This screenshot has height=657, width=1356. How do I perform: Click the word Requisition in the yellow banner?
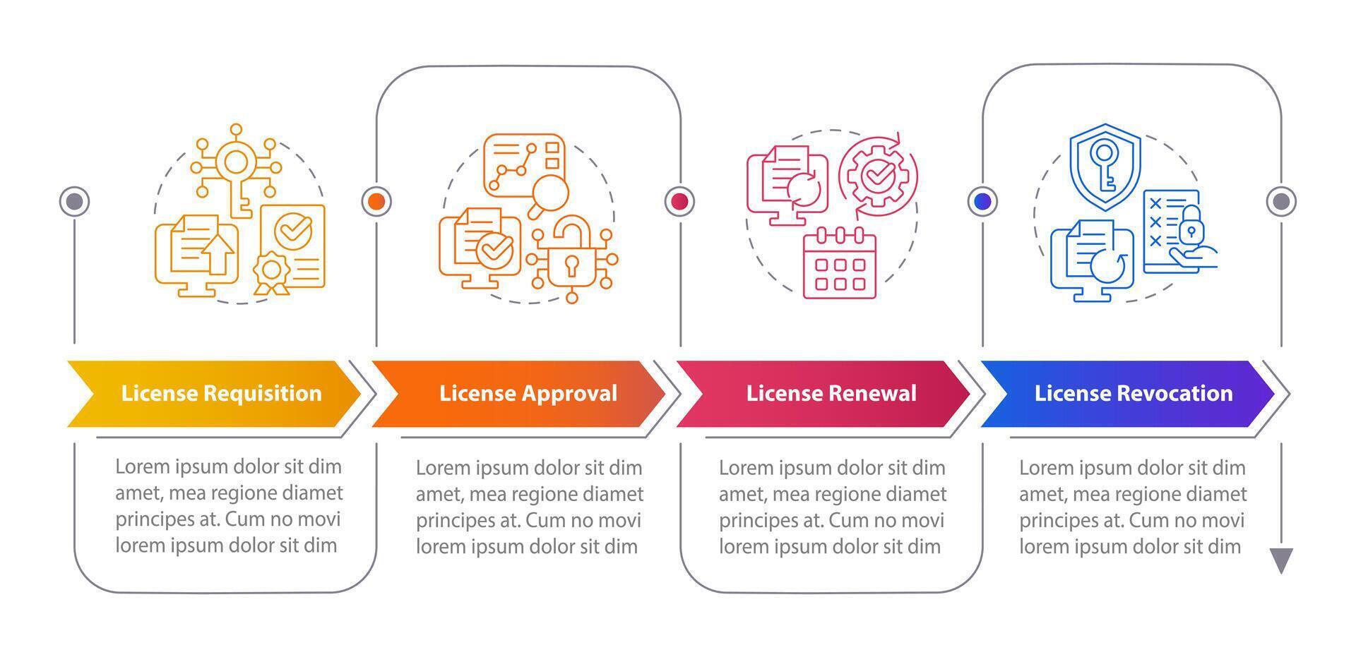pos(261,393)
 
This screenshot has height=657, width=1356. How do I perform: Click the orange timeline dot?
pos(376,202)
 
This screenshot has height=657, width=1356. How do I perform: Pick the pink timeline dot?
pos(679,202)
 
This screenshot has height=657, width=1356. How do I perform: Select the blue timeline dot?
pos(982,202)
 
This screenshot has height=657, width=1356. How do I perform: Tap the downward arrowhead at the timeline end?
pos(1281,560)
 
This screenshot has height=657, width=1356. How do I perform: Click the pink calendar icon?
pos(840,263)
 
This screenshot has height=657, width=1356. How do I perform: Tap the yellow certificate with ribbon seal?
pos(292,247)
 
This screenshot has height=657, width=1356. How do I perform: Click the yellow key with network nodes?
pos(236,169)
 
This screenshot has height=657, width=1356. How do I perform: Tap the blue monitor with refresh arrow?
pos(1092,261)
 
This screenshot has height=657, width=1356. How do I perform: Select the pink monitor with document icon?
pos(787,185)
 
